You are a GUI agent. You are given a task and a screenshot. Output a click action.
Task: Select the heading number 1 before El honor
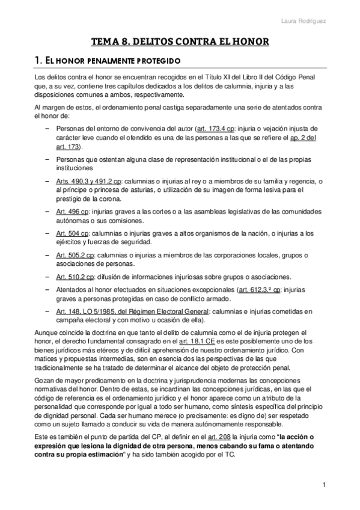coord(38,60)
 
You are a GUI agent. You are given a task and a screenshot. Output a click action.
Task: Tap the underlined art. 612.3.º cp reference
coord(260,289)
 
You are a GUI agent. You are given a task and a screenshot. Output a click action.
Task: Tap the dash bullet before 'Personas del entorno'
coord(47,129)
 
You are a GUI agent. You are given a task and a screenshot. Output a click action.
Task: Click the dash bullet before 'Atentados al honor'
coord(47,289)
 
